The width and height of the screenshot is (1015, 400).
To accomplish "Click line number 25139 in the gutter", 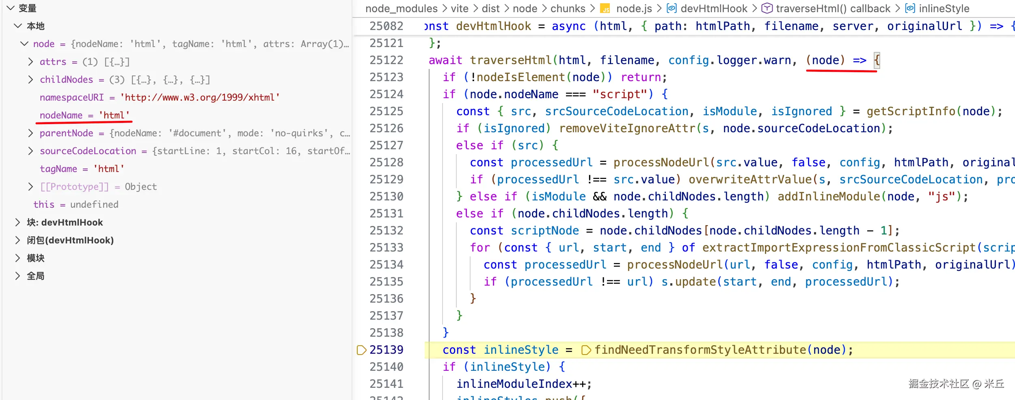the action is pos(386,350).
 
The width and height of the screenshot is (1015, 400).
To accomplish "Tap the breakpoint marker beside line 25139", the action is pos(361,350).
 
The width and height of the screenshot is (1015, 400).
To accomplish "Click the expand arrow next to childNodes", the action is pos(30,80).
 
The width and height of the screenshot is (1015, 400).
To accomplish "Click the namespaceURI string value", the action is pos(200,97).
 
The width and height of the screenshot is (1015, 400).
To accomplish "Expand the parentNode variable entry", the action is pos(30,133).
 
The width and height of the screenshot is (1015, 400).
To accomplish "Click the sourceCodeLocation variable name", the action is pos(88,151).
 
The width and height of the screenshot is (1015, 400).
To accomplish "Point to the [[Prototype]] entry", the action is pos(74,187).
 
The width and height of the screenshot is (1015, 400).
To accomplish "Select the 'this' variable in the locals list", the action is pos(44,204).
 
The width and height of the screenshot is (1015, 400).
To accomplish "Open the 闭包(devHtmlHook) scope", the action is pos(70,240).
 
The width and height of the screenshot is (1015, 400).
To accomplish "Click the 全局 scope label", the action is pos(36,276).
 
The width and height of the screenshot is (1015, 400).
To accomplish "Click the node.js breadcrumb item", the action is pos(633,9).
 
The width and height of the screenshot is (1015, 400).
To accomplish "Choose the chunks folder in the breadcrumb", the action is pos(568,9).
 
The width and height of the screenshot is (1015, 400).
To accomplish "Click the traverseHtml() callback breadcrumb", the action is pos(833,9).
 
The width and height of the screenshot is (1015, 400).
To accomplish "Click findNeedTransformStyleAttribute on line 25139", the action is pos(700,350).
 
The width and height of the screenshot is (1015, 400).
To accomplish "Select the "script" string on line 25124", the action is pos(620,94).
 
